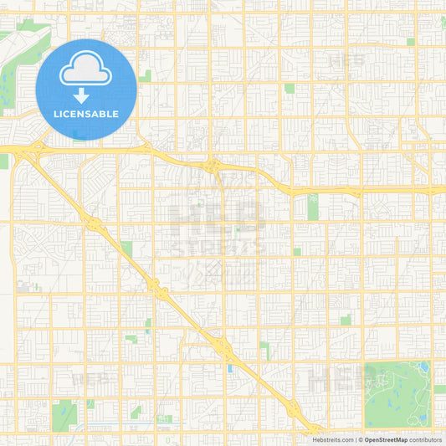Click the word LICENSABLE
86,114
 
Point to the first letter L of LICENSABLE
56,114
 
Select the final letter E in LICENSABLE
115,114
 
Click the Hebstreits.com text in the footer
332,439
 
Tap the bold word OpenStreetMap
386,439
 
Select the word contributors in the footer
425,439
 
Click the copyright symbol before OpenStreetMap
360,439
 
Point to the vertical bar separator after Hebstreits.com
355,439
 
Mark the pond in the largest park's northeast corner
424,367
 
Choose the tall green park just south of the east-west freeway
313,207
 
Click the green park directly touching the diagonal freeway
126,249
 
